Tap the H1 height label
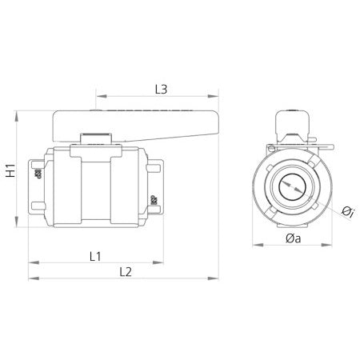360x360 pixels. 11,170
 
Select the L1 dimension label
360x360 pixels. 94,256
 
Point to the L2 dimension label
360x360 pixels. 125,273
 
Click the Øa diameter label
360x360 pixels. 292,238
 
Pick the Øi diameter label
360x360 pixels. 346,211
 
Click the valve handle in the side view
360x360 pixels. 136,125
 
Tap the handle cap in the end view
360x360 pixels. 292,123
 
